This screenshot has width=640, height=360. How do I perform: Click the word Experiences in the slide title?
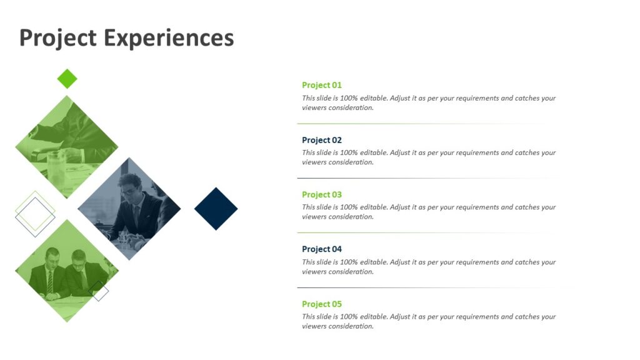tap(169, 38)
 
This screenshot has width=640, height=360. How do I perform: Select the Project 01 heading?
tap(322, 85)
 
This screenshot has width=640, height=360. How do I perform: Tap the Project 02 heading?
tap(322, 140)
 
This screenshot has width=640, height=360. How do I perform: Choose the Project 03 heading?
tap(322, 194)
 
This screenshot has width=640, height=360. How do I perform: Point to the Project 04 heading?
tap(322, 249)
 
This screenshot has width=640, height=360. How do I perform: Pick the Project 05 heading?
tap(322, 304)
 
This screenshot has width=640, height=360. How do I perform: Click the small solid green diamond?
tap(67, 79)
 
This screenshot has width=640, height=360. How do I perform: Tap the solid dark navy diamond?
tap(216, 209)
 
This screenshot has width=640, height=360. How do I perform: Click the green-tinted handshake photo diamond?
tap(66, 146)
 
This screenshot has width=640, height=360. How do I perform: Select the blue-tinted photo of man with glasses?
tap(129, 209)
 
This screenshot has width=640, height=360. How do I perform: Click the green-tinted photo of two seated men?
tap(66, 271)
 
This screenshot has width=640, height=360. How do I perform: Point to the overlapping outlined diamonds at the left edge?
tap(35, 214)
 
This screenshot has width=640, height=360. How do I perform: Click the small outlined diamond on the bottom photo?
tap(98, 291)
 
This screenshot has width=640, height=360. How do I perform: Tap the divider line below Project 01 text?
tap(419, 124)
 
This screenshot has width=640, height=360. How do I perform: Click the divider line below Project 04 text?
tap(419, 287)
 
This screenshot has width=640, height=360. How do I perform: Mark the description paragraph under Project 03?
tap(428, 212)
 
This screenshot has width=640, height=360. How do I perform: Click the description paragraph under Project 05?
tap(428, 321)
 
